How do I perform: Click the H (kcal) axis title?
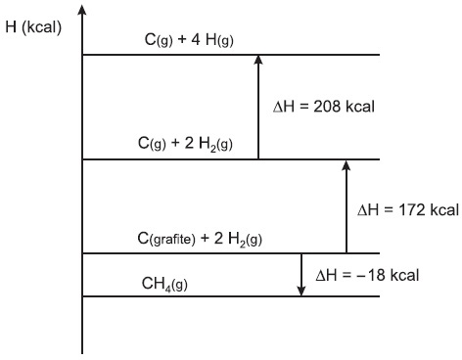tap(33, 26)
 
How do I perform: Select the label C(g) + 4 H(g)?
tap(189, 40)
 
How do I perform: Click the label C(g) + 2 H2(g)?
tap(185, 144)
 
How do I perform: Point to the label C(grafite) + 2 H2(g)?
tap(200, 239)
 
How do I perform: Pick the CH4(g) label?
tap(164, 285)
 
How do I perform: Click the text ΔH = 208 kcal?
tap(324, 107)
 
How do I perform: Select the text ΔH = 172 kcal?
tap(408, 210)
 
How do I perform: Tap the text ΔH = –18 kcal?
tap(367, 276)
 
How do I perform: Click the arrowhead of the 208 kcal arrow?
tap(258, 59)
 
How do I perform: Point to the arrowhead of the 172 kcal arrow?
tap(346, 164)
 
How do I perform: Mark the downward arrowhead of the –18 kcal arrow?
tap(301, 292)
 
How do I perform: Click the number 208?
tap(327, 107)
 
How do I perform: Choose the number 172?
tap(411, 210)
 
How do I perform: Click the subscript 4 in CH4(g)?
tap(167, 289)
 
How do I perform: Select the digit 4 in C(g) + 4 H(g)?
tap(196, 40)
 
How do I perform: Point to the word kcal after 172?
tap(444, 210)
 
